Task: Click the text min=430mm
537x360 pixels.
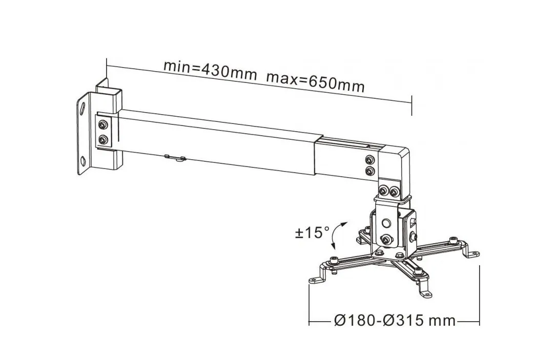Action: [210, 69]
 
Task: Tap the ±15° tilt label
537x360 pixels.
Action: [312, 232]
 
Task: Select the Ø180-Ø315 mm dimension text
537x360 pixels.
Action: [394, 321]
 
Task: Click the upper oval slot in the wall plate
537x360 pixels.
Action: [82, 109]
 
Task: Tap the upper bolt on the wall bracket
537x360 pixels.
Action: [104, 124]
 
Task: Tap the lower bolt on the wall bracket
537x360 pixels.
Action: [104, 139]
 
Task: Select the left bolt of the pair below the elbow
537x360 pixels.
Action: [382, 192]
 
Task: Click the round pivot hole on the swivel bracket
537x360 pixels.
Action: [385, 223]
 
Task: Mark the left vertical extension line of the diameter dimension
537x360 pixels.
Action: [309, 302]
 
